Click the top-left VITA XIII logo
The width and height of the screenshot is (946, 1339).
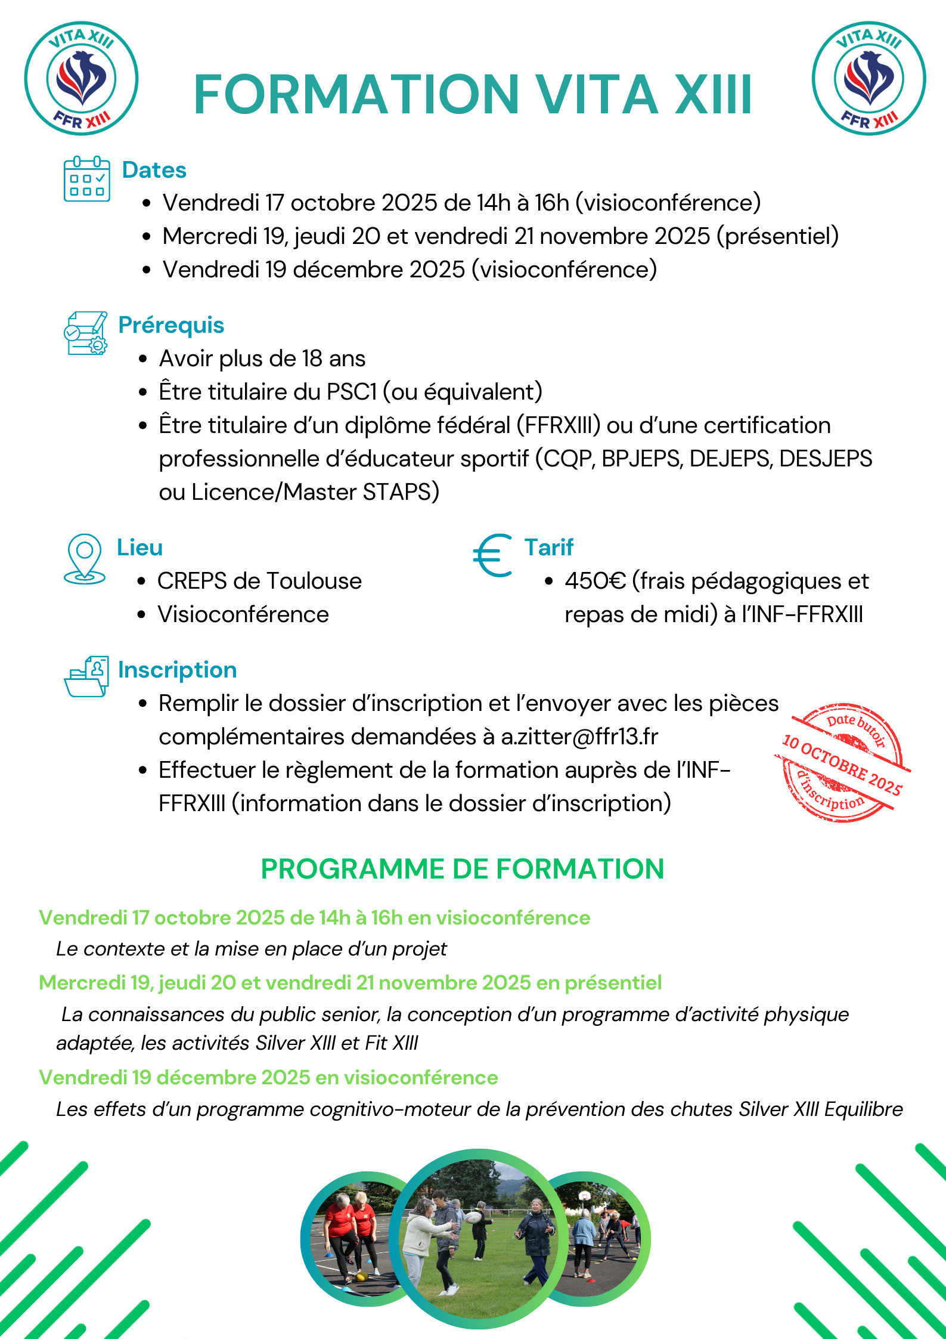81,78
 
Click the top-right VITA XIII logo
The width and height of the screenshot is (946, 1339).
869,78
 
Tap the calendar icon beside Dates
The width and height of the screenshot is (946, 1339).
87,179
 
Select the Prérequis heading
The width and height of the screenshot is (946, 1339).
171,325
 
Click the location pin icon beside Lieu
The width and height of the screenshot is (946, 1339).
85,558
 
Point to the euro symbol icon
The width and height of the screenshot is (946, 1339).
492,555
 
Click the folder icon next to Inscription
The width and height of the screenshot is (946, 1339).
86,676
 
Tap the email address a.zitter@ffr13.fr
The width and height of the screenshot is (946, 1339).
579,737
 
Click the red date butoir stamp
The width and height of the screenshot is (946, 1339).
842,763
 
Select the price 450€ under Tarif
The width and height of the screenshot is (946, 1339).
595,581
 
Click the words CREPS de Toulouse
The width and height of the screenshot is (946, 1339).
259,581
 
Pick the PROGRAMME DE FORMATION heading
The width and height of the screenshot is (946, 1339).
463,869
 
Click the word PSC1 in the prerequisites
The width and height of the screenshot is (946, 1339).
352,392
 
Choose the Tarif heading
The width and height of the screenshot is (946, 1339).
549,548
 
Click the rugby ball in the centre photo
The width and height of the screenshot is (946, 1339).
473,1217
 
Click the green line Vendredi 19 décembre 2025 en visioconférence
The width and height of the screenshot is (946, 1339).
268,1078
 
